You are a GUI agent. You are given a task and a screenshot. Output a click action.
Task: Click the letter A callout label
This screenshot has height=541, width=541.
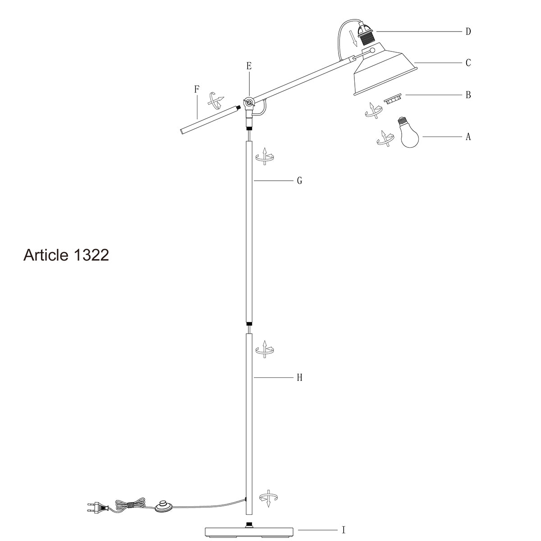pyautogui.click(x=468, y=137)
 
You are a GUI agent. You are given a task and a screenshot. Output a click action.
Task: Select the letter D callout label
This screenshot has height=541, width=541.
pyautogui.click(x=468, y=32)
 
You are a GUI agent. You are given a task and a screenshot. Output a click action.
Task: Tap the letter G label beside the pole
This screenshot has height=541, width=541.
pyautogui.click(x=299, y=181)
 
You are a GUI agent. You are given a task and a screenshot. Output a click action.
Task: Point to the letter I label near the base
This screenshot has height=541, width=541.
pyautogui.click(x=344, y=531)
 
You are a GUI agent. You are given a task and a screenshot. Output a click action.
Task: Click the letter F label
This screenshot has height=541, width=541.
pyautogui.click(x=196, y=89)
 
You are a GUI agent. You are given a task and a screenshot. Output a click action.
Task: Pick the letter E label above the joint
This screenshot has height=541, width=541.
pyautogui.click(x=248, y=66)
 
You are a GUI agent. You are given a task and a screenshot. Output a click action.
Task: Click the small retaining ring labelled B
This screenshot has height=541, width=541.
pyautogui.click(x=393, y=99)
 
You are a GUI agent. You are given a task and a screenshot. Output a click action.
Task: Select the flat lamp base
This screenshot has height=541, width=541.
pyautogui.click(x=249, y=532)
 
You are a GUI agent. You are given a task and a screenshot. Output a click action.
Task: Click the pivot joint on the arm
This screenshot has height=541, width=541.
pyautogui.click(x=248, y=103)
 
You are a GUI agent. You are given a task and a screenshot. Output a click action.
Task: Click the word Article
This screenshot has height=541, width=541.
pyautogui.click(x=45, y=255)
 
